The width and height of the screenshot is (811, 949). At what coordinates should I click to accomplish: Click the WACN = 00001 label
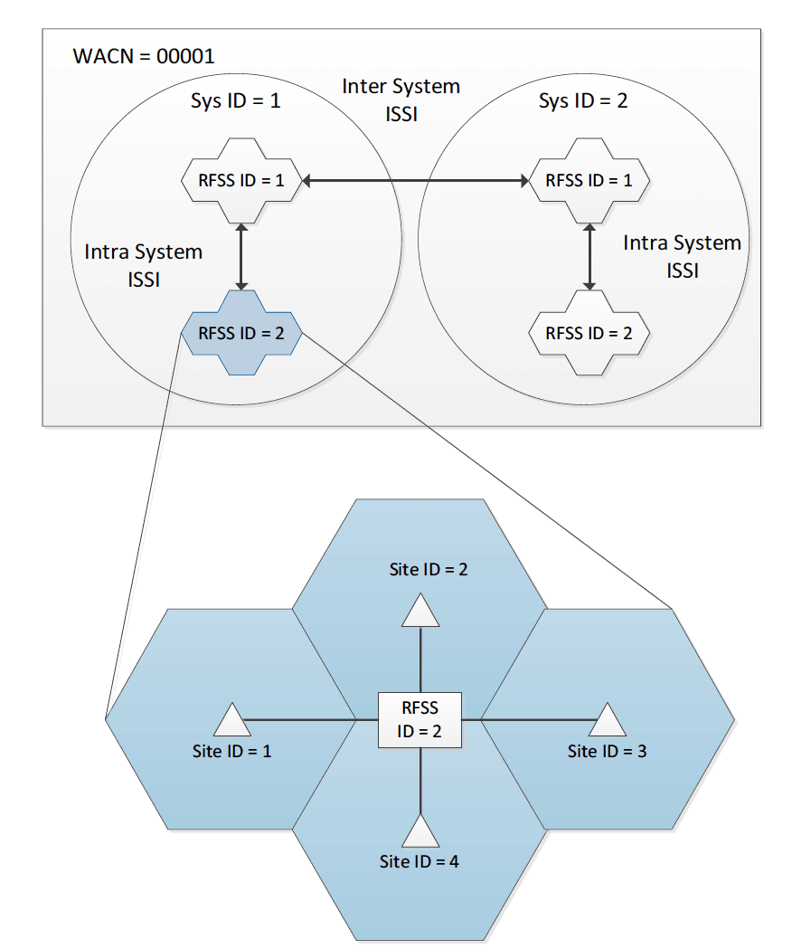point(143,55)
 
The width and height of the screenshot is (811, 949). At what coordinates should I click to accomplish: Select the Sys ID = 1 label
point(235,100)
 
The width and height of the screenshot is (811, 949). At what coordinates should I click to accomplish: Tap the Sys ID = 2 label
point(582,100)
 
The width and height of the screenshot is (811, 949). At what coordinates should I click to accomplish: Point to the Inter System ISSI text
point(401,100)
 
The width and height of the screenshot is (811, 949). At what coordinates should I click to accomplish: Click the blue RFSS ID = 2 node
point(240,333)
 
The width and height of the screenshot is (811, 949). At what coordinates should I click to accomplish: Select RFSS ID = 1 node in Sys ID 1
point(240,180)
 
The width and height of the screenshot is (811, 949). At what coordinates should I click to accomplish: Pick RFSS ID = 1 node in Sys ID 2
point(589,180)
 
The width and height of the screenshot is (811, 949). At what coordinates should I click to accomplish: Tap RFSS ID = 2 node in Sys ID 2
point(589,333)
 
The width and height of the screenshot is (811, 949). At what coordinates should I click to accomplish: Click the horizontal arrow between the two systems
point(415,182)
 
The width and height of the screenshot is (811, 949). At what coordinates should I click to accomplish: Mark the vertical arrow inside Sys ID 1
point(241,257)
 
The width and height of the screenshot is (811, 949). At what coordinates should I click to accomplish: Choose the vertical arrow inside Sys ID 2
point(589,257)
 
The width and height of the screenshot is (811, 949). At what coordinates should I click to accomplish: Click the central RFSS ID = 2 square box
point(420,720)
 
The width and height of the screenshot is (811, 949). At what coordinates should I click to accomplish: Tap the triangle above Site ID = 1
point(232,721)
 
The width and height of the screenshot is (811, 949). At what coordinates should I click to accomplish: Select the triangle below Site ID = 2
point(420,612)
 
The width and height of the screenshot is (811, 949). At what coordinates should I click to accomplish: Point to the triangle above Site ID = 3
point(608,721)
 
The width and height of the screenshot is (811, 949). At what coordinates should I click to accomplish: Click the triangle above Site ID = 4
point(420,831)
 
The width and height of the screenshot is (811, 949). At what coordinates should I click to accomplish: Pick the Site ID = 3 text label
point(607,751)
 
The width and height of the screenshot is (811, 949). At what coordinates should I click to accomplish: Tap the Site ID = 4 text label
point(420,861)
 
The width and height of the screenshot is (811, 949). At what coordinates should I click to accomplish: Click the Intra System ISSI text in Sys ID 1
point(144,265)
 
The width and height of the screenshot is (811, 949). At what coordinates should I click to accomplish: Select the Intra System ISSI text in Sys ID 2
point(683,256)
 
